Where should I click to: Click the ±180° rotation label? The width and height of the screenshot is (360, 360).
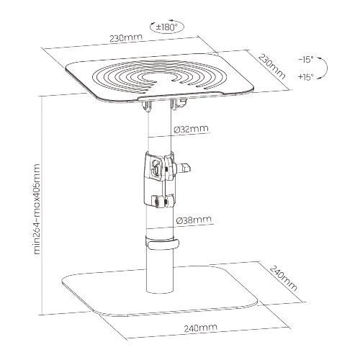tap(166, 27)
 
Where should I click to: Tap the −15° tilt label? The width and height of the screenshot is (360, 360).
tap(306, 60)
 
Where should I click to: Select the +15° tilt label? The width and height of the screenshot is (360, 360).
tap(306, 77)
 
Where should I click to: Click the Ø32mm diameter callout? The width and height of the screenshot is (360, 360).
tap(191, 129)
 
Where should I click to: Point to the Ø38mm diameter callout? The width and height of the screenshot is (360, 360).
tap(194, 220)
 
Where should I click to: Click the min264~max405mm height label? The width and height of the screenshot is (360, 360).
tap(37, 209)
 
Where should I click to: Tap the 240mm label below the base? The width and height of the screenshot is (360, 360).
tap(201, 328)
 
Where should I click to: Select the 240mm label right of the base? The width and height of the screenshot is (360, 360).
tap(283, 278)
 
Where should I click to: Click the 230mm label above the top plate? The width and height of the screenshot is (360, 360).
tap(126, 38)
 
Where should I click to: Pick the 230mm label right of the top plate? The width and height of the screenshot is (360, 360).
tap(272, 66)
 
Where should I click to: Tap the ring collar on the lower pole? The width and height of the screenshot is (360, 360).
tap(162, 244)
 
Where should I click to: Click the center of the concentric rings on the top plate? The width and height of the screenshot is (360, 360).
tap(159, 78)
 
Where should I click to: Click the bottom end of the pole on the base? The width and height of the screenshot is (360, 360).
tap(159, 290)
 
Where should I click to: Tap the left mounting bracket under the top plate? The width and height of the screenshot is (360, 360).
tap(146, 106)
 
